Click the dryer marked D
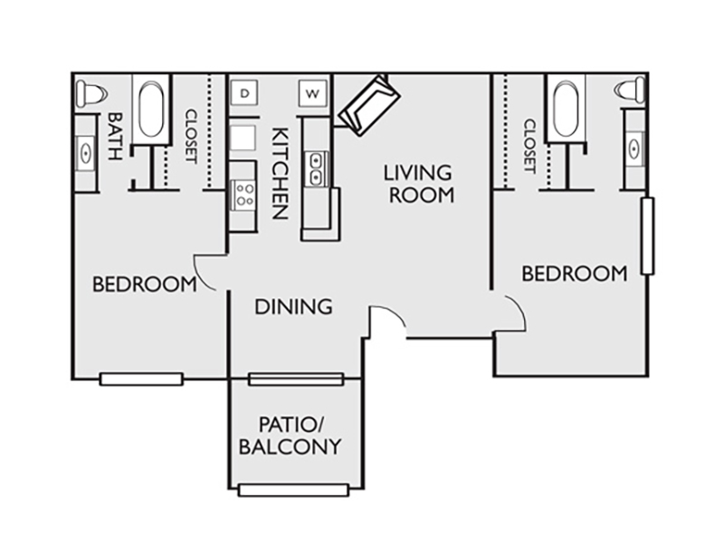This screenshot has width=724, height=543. click(244, 94)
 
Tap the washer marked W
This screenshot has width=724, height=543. click(312, 94)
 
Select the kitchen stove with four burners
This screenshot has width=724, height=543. click(243, 195)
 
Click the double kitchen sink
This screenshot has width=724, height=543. click(316, 169)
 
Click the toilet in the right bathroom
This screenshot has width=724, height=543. click(629, 90)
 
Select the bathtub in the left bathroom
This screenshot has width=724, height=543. click(151, 110)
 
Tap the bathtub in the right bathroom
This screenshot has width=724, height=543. click(567, 109)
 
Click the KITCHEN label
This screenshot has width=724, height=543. click(281, 173)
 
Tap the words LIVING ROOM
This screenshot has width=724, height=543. click(419, 184)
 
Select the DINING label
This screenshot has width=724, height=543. click(293, 307)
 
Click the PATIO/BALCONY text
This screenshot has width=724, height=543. click(290, 435)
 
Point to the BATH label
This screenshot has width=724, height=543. click(115, 137)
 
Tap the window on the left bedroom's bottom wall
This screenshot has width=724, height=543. click(141, 379)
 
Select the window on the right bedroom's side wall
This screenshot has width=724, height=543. click(648, 236)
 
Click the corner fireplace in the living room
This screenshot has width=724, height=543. click(369, 106)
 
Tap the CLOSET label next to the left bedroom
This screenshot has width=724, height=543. click(191, 137)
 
